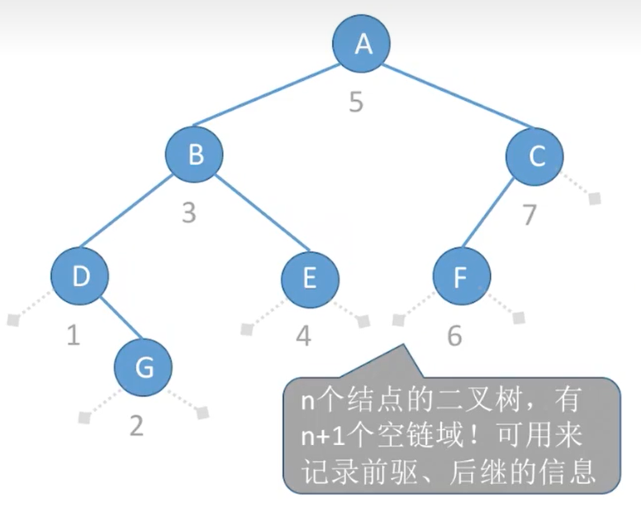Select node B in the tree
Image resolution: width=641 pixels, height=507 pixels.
[x=194, y=154]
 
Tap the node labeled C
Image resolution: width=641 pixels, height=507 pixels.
[x=535, y=155]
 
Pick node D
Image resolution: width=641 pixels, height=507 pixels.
[x=79, y=276]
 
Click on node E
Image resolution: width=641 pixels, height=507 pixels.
[x=309, y=278]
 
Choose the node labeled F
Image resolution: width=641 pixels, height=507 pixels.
[x=461, y=278]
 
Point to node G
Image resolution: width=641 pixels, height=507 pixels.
[x=143, y=367]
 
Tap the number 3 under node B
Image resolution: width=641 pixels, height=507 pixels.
[x=189, y=213]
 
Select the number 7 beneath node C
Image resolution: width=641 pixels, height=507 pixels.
[x=529, y=213]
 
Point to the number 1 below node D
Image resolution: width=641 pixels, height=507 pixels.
[x=74, y=336]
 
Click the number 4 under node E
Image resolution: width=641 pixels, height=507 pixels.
[x=303, y=336]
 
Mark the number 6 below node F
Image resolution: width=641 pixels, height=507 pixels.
[x=454, y=336]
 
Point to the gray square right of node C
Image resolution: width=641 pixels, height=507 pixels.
[x=594, y=198]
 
